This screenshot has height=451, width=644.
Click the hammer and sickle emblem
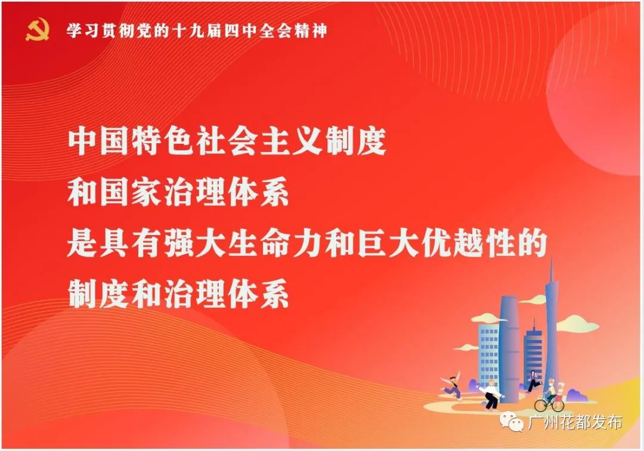(x=37, y=30)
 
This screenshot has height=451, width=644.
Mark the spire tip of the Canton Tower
(x=551, y=258)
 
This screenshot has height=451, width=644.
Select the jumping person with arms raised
(x=451, y=387)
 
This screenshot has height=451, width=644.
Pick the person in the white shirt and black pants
(x=491, y=394)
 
